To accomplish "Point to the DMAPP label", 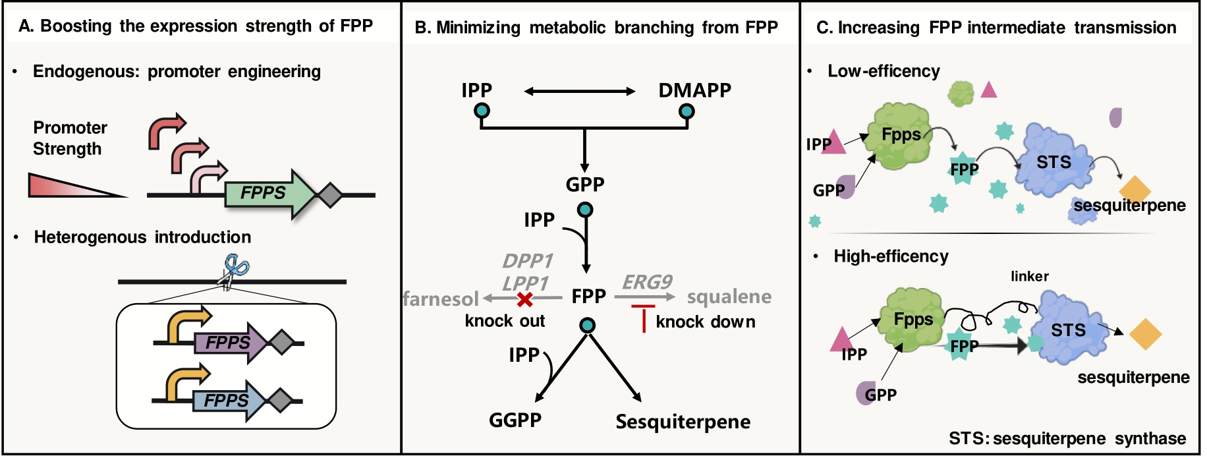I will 694,90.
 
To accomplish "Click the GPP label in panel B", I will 585,185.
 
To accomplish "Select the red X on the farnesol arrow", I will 524,299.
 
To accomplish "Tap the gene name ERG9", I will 647,282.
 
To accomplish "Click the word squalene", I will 729,297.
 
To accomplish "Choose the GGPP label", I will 515,420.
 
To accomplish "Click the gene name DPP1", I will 527,261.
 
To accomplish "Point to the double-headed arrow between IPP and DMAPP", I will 579,92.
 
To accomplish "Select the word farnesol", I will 441,299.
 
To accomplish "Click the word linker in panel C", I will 1029,276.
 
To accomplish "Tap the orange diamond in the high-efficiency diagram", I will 1144,334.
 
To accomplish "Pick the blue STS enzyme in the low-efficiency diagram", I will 1054,161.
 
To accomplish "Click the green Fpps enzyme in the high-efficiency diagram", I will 913,320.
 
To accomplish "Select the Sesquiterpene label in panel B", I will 683,422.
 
